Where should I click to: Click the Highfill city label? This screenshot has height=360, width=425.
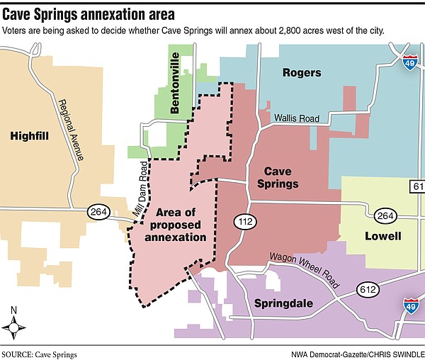[29, 135]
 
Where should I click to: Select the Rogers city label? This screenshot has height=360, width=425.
[301, 73]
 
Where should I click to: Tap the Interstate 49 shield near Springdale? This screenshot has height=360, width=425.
[410, 305]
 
